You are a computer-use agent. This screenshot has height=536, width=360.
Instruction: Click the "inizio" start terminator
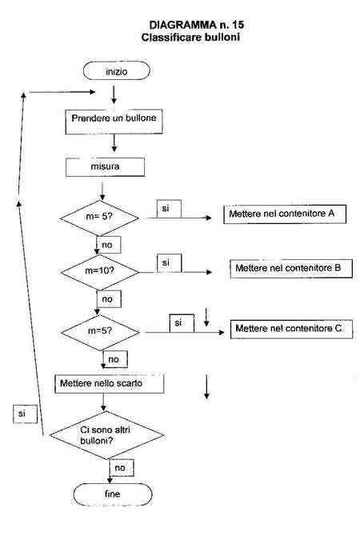117,70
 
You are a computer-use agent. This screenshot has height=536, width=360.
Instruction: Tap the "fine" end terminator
113,494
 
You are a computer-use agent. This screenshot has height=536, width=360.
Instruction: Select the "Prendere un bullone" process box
114,122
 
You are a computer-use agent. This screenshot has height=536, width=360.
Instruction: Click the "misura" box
105,167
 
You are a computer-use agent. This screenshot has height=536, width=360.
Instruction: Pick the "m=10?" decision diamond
100,272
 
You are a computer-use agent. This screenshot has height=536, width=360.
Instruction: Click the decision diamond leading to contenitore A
99,218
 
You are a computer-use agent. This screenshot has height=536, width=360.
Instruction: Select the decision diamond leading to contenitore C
100,332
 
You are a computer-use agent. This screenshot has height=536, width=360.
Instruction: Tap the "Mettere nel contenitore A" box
285,214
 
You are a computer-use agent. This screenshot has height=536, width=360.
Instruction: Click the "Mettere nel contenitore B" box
291,269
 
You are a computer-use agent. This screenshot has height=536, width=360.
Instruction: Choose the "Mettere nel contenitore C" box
291,329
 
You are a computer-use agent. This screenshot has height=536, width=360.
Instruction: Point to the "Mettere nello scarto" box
109,383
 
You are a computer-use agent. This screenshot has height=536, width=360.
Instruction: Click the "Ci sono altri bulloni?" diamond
106,435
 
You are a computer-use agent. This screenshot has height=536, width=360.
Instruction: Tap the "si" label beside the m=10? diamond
169,263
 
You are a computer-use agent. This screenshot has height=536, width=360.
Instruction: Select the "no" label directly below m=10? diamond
109,299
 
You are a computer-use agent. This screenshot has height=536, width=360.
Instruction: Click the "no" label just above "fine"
122,468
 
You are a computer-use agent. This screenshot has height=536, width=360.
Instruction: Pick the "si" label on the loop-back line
25,414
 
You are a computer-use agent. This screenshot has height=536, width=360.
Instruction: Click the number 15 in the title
238,25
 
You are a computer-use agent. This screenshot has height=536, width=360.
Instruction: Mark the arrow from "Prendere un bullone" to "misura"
114,143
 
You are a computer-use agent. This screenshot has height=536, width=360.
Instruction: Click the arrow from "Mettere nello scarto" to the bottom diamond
103,402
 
